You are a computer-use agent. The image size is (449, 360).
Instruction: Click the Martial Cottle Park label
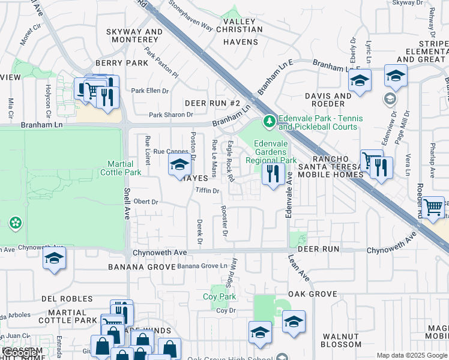(124, 168)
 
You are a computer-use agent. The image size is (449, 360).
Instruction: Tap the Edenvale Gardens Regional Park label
(275, 152)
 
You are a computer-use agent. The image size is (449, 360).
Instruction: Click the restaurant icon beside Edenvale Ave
(273, 174)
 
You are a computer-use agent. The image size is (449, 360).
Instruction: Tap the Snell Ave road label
(127, 203)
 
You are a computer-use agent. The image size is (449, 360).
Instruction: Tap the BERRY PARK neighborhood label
(121, 63)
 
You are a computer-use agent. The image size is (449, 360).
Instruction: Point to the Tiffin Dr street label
(208, 190)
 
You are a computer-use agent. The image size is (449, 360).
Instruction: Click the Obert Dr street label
(146, 202)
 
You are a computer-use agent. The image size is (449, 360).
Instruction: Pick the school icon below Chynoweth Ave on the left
(54, 259)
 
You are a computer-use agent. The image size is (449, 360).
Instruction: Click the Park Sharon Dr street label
(171, 115)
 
